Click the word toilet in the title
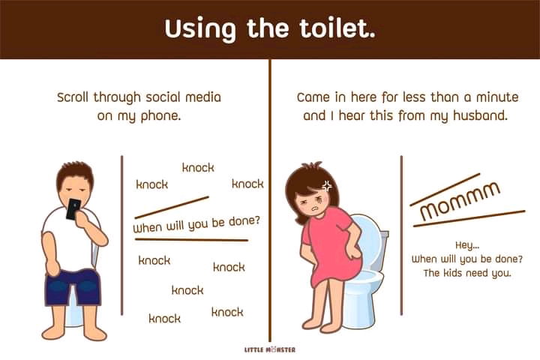click(337, 28)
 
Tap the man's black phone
click(73, 208)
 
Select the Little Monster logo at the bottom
click(270, 349)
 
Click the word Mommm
click(460, 201)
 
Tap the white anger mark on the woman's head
click(327, 186)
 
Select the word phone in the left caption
click(160, 116)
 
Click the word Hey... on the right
click(467, 245)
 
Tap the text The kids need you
click(467, 273)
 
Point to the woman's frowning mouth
click(314, 209)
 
